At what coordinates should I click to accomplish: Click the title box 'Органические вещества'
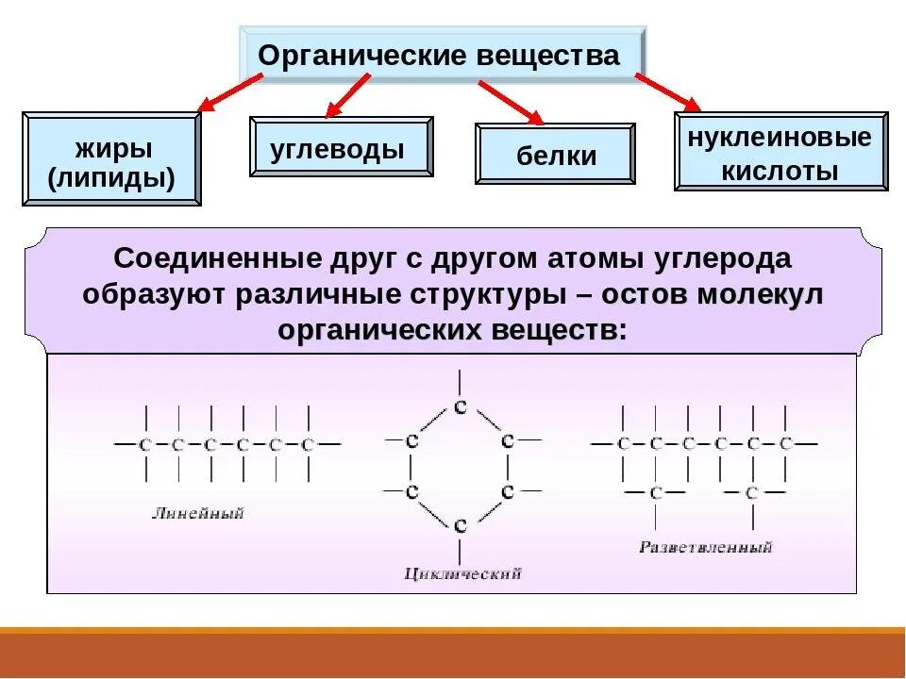(x=440, y=55)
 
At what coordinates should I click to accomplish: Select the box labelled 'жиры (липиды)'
(x=111, y=160)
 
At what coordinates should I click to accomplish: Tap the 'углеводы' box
(x=341, y=147)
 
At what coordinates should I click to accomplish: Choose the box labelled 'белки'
(x=556, y=153)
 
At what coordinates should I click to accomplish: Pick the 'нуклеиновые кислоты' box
(x=780, y=153)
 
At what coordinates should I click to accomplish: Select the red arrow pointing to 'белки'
(x=511, y=103)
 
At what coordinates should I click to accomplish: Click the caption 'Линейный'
(x=197, y=514)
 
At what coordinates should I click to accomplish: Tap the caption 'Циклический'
(x=461, y=573)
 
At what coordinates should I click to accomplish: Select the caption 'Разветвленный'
(x=705, y=547)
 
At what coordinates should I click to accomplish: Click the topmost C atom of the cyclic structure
(x=460, y=407)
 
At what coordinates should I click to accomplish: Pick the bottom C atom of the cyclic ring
(x=460, y=524)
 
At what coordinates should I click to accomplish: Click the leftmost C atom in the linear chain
(x=145, y=444)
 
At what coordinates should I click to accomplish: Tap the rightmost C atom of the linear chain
(x=307, y=444)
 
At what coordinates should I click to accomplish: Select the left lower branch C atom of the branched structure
(x=655, y=492)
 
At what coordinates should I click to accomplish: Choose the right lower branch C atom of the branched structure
(x=751, y=492)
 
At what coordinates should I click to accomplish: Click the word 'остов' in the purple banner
(x=643, y=294)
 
